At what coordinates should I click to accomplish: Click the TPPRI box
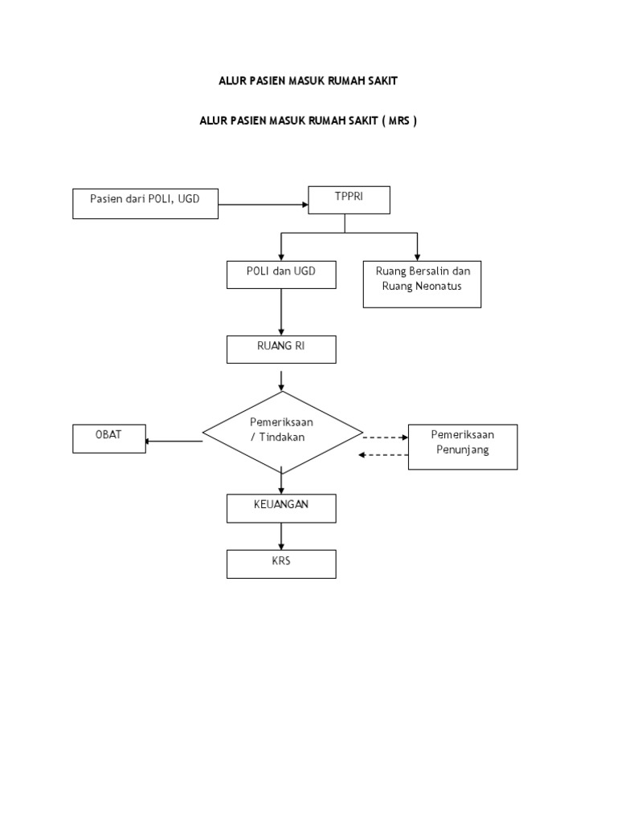coord(349,200)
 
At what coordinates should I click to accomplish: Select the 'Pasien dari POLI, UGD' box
coord(146,204)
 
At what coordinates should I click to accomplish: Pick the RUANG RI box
coord(281,349)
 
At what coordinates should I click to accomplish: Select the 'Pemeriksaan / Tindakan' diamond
coord(282,433)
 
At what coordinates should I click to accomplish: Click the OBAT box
coord(109,438)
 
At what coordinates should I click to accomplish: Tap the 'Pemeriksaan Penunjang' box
coord(463,446)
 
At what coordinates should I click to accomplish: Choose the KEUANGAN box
coord(281,508)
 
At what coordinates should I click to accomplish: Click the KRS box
coord(281,564)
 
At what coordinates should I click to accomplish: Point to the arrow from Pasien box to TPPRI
coord(264,205)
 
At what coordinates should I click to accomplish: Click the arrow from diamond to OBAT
coord(174,441)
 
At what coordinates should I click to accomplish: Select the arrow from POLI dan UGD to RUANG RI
coord(281,311)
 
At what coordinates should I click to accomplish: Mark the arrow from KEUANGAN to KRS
coord(281,536)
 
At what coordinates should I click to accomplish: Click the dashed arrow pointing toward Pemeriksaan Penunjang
coord(386,437)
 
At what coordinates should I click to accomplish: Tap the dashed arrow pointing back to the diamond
coord(383,455)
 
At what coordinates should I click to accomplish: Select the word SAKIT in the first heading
coord(381,82)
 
